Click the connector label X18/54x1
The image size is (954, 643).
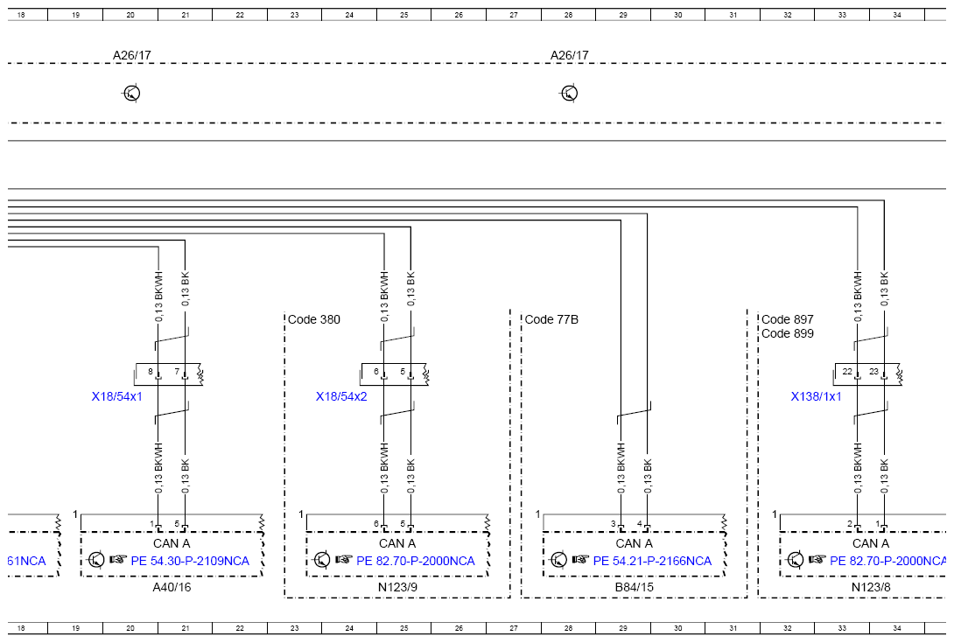pos(116,396)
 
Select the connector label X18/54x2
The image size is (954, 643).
pos(341,396)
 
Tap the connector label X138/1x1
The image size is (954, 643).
pos(816,396)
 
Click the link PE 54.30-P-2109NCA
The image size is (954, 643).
pos(190,561)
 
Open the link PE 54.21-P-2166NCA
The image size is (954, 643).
pos(652,561)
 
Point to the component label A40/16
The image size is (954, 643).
pos(172,587)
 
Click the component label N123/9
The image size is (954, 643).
pos(397,587)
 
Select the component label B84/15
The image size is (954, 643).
pos(634,587)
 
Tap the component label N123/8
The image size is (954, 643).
pos(871,587)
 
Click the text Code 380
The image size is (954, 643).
pos(314,319)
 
